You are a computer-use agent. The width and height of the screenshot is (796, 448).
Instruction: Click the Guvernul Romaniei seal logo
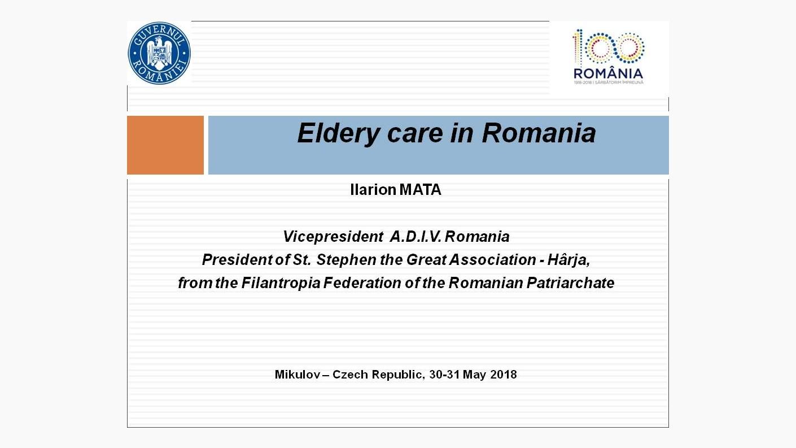click(x=159, y=53)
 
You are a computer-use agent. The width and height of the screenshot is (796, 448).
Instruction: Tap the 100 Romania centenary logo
click(x=609, y=56)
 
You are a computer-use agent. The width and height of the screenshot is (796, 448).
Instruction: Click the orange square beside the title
click(x=165, y=145)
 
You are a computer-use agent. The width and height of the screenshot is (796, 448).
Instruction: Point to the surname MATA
click(x=421, y=189)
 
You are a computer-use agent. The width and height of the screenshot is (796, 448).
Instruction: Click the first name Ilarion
click(x=373, y=189)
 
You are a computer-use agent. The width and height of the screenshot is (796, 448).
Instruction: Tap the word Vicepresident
click(x=333, y=237)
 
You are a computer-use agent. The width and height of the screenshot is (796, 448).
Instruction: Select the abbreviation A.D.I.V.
click(x=416, y=237)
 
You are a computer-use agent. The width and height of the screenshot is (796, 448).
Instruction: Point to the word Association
click(x=492, y=259)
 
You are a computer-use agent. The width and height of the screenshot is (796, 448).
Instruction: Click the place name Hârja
click(x=568, y=259)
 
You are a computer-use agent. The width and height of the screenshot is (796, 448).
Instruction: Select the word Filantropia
click(x=281, y=283)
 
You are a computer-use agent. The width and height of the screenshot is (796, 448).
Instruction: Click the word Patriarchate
click(x=570, y=283)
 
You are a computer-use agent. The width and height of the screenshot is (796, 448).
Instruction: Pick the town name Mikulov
click(x=298, y=375)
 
